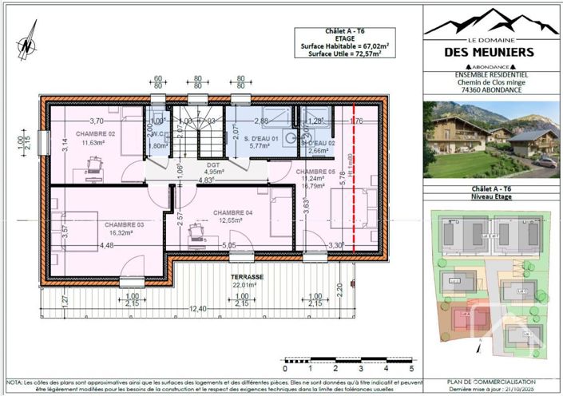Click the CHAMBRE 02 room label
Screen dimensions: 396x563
pos(96,133)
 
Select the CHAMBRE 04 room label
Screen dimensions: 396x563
pos(233,212)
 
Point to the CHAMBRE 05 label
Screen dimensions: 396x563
pos(315,172)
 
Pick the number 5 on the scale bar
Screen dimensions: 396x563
pos(411,370)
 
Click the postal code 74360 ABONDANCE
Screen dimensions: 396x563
pos(491,91)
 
